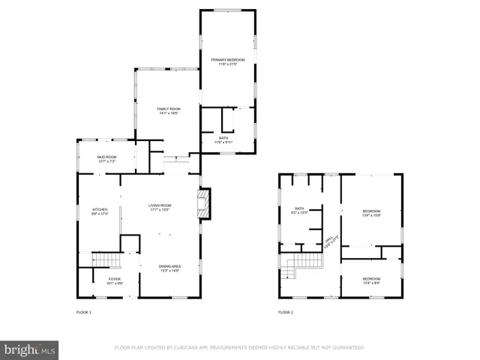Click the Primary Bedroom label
coord(227,61)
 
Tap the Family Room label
coord(168,111)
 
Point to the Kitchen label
coord(100,211)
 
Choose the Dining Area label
coord(169,268)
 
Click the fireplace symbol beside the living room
coord(202,202)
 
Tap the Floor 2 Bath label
coord(299,211)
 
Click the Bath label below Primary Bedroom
coord(223,139)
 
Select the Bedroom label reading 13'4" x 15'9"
coord(371,212)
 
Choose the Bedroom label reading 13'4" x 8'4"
coord(371,280)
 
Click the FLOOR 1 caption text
coord(84,311)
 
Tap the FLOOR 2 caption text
coord(285,311)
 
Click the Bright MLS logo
coord(30,349)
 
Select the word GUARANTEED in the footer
coord(347,347)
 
